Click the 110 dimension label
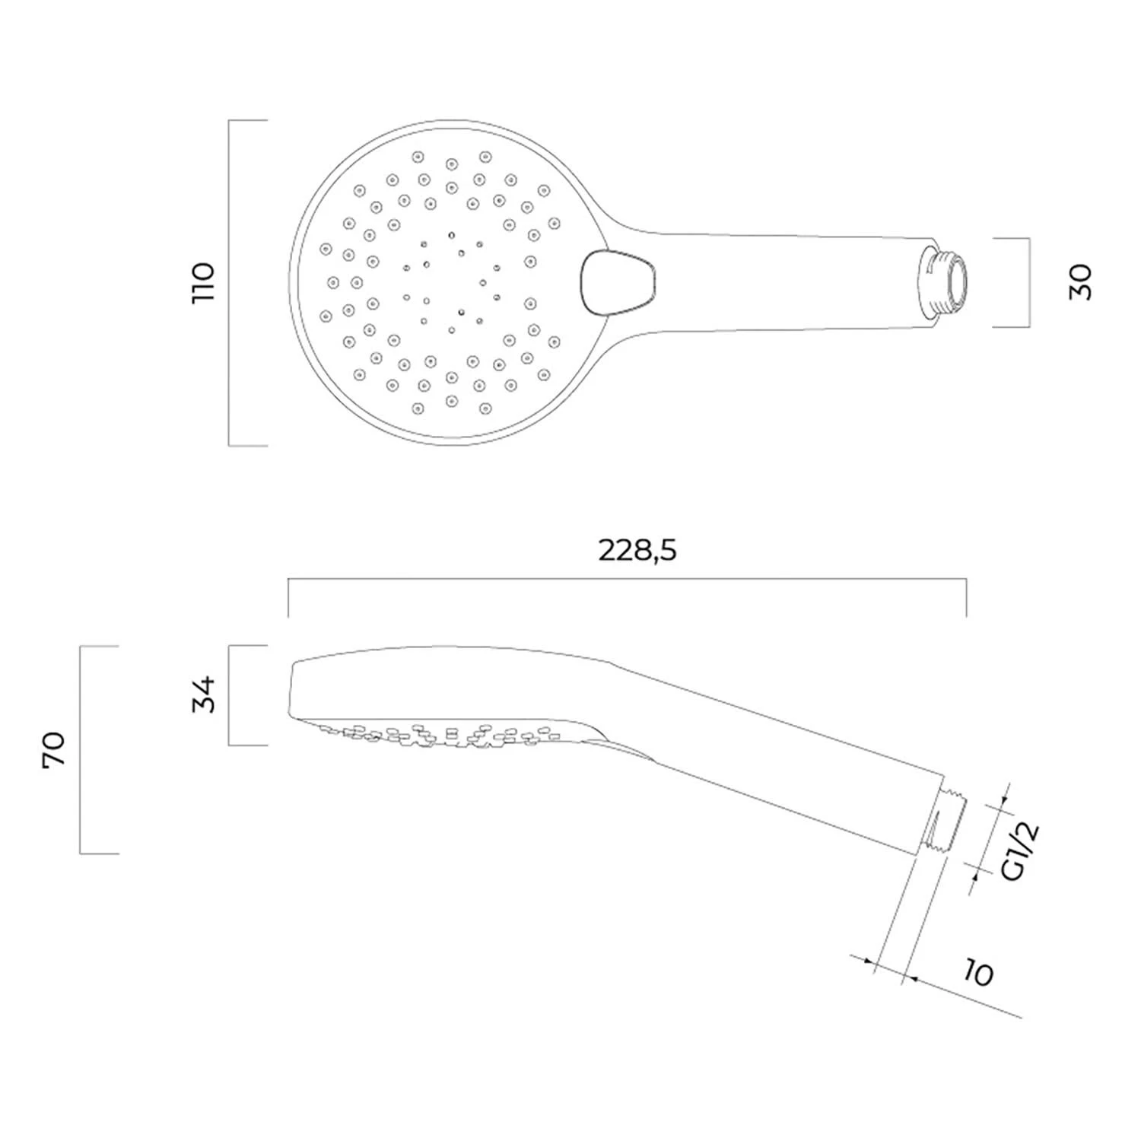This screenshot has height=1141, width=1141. pos(204,282)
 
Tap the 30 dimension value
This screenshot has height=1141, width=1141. pos(1080,282)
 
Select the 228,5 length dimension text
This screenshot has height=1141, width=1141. pos(637,550)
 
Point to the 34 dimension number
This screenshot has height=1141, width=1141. pos(204,694)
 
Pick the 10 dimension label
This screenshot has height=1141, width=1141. pos(978,974)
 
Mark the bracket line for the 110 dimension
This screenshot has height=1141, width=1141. pos(230,282)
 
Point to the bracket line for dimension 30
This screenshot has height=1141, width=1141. pos(1029,282)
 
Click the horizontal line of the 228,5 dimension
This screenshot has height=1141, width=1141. pos(627,580)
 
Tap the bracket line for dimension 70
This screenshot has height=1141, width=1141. pos(81,750)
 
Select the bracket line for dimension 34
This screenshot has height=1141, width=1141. pos(230,694)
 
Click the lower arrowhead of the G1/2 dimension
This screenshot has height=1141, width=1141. pos(976,876)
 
